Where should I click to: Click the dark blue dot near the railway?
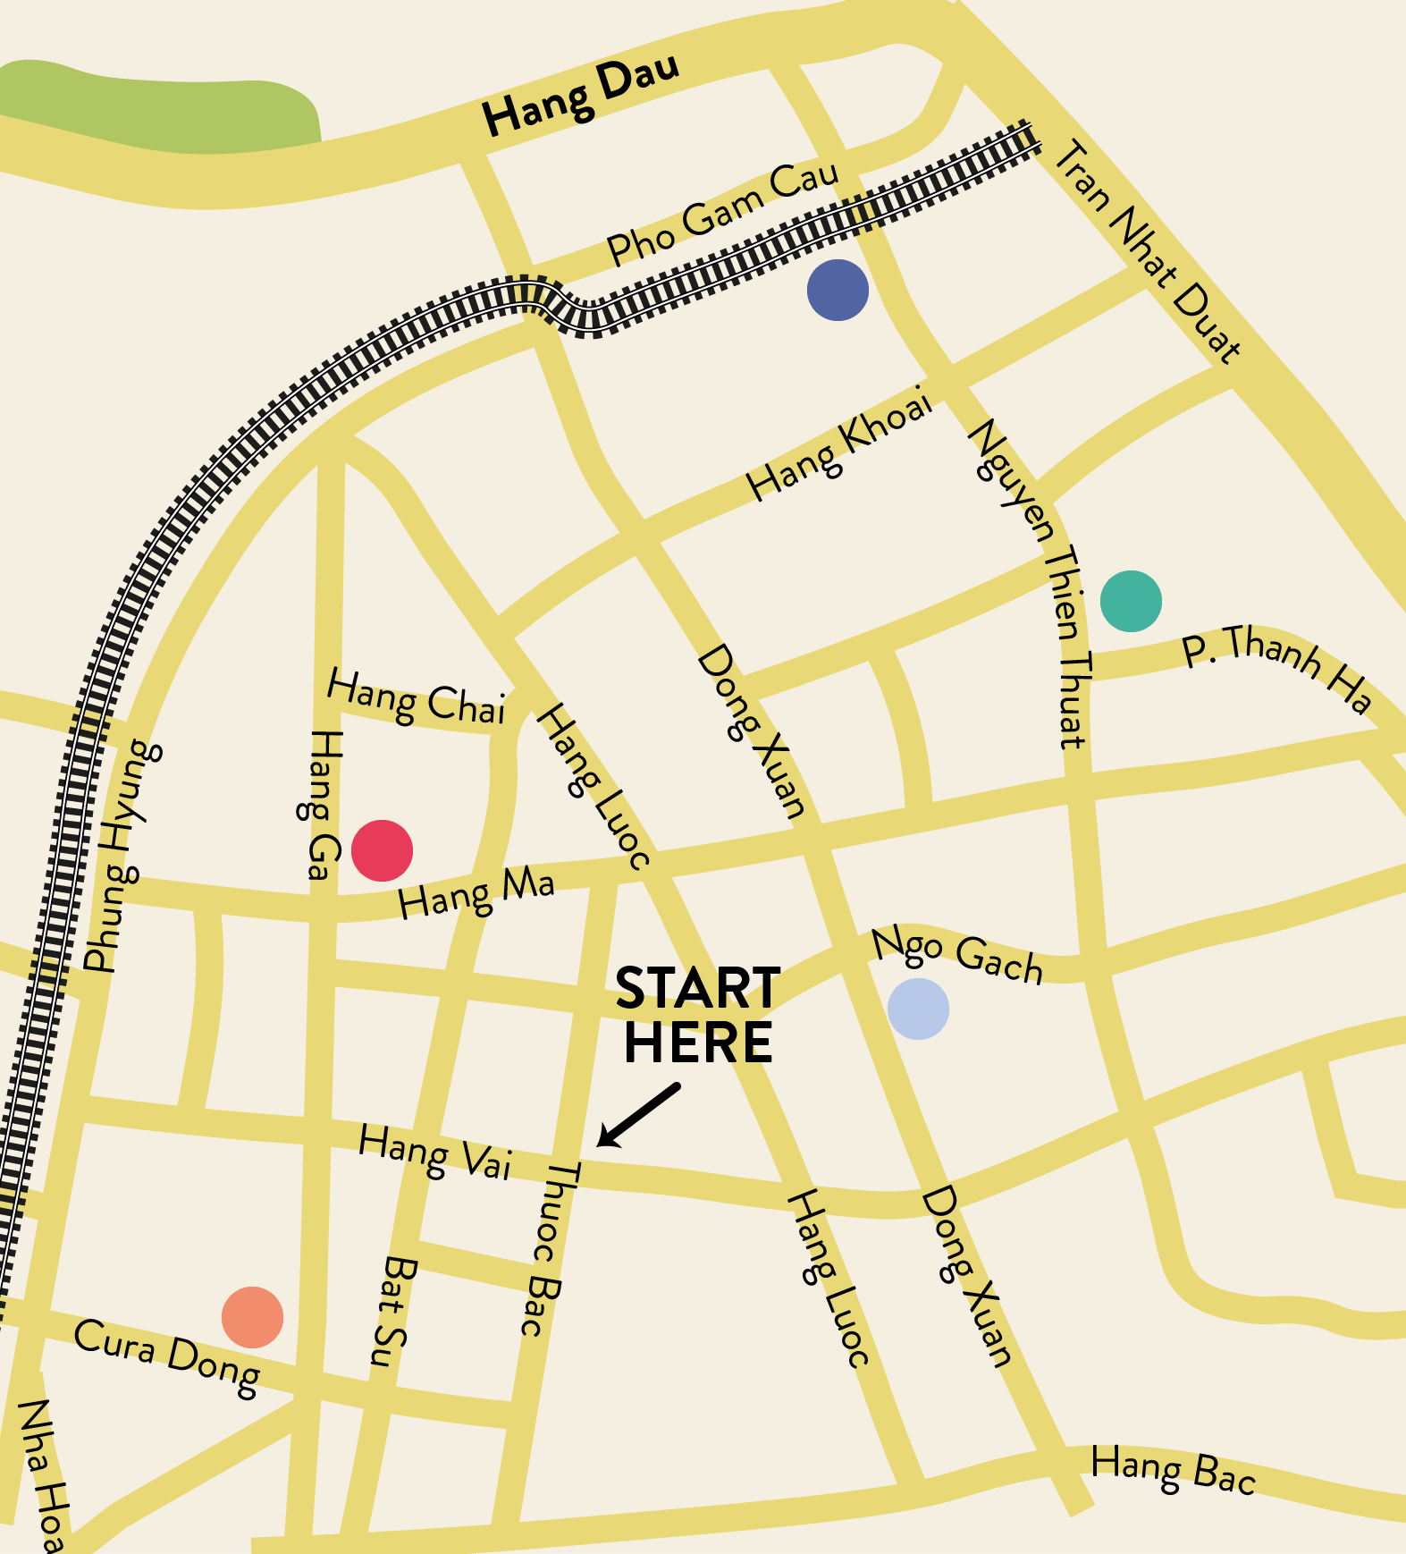tap(838, 291)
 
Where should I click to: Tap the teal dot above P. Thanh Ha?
tap(1131, 601)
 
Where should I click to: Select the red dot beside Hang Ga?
tap(382, 850)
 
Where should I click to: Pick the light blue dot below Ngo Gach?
tap(918, 1009)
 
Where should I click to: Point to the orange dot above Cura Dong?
tap(252, 1317)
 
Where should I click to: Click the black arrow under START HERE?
tap(637, 1115)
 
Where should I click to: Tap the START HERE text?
tap(698, 1016)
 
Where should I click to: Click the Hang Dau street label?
tap(581, 94)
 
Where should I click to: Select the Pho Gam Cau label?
tap(723, 214)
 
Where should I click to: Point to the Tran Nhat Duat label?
tap(1148, 251)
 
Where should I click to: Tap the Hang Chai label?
tap(417, 698)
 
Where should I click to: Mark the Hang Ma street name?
tap(476, 893)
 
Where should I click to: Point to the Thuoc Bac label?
tap(548, 1249)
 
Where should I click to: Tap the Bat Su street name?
tap(392, 1312)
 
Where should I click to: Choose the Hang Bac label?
tap(1174, 1471)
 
